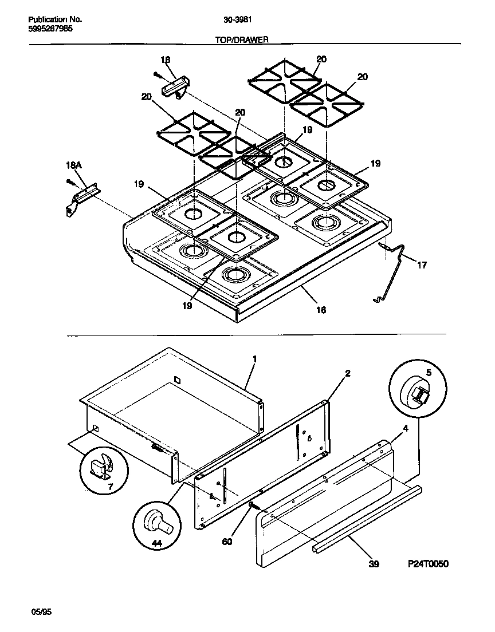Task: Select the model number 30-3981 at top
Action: point(235,19)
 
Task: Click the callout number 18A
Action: point(74,165)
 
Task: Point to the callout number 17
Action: point(422,266)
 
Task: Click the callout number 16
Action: point(321,310)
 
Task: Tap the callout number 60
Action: point(227,541)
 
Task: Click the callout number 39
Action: point(374,564)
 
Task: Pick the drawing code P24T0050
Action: point(428,564)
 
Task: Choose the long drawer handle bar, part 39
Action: point(367,518)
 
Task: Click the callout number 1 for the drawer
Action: point(254,359)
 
